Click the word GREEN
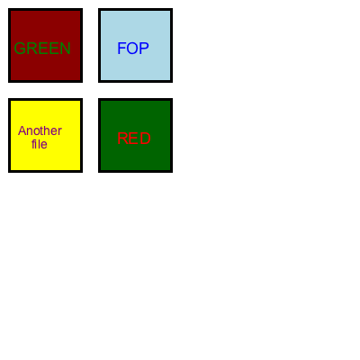pyautogui.click(x=42, y=49)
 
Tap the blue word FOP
pyautogui.click(x=133, y=49)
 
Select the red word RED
pyautogui.click(x=134, y=139)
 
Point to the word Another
pyautogui.click(x=40, y=130)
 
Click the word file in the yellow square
pyautogui.click(x=40, y=144)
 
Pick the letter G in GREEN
pyautogui.click(x=20, y=49)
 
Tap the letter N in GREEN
pyautogui.click(x=66, y=49)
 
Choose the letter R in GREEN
pyautogui.click(x=31, y=49)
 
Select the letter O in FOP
pyautogui.click(x=132, y=49)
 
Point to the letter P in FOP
pyautogui.click(x=144, y=49)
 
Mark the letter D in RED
pyautogui.click(x=145, y=139)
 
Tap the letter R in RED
pyautogui.click(x=122, y=139)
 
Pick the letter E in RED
pyautogui.click(x=134, y=139)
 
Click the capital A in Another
pyautogui.click(x=22, y=130)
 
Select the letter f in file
pyautogui.click(x=33, y=144)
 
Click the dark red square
pyautogui.click(x=45, y=45)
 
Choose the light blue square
pyautogui.click(x=135, y=45)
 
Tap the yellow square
pyautogui.click(x=45, y=135)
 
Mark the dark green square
pyautogui.click(x=135, y=135)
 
